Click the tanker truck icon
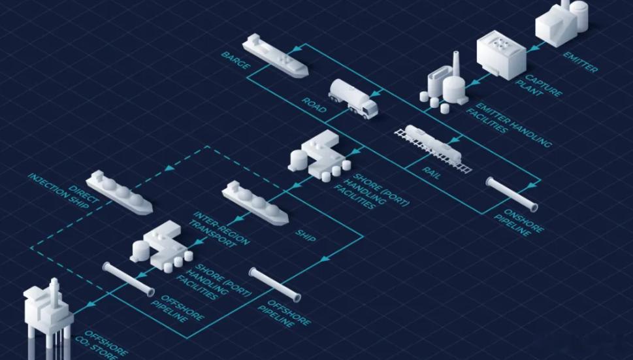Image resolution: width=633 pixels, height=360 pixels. click(x=353, y=99)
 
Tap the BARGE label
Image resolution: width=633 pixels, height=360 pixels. click(x=236, y=60)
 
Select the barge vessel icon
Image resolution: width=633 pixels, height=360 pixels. click(x=275, y=56)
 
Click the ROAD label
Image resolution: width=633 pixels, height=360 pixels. click(x=314, y=105)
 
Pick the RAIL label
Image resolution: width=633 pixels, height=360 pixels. click(x=432, y=172)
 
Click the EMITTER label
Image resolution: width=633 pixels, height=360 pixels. click(x=581, y=61)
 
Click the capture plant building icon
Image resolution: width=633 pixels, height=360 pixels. click(x=501, y=54)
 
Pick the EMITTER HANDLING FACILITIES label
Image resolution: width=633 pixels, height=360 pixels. click(x=508, y=125)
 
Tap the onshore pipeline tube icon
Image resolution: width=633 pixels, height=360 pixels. click(x=512, y=194)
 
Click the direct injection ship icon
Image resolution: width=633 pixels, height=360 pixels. click(x=119, y=192)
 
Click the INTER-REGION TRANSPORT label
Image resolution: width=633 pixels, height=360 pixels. click(x=220, y=229)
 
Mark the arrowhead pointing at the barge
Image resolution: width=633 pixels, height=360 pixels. click(x=297, y=49)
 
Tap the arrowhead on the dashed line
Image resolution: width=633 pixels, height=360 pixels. click(x=170, y=167)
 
